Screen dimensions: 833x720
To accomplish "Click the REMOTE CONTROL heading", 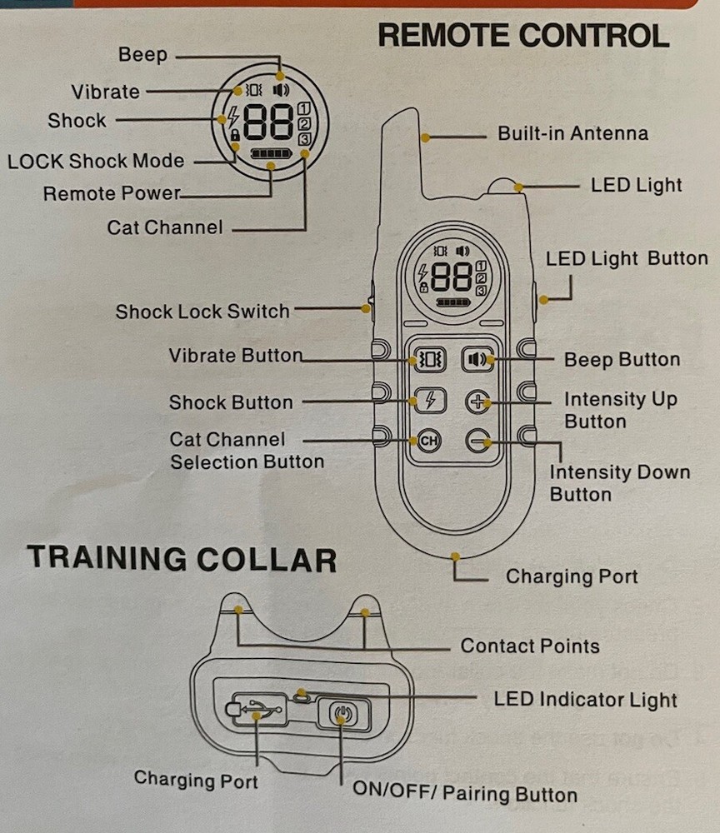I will (x=522, y=36).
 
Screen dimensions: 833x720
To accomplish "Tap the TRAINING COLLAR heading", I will (x=181, y=557).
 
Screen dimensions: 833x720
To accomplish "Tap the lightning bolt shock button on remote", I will (x=429, y=401).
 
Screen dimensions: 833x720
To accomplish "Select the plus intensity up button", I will (x=477, y=402).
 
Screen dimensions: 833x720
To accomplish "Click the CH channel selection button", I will (x=428, y=441).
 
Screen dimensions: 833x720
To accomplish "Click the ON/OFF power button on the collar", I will (x=341, y=714).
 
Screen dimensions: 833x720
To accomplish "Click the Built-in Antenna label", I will (x=572, y=133).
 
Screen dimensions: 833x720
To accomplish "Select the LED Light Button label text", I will (x=627, y=258).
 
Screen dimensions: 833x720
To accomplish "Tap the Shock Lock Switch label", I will (x=202, y=312).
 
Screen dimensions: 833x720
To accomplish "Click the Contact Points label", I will (x=529, y=646).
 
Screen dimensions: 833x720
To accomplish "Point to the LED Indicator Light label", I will (x=585, y=699).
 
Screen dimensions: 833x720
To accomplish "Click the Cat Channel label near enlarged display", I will (x=164, y=227).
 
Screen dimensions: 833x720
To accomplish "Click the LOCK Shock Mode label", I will (x=96, y=161).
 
